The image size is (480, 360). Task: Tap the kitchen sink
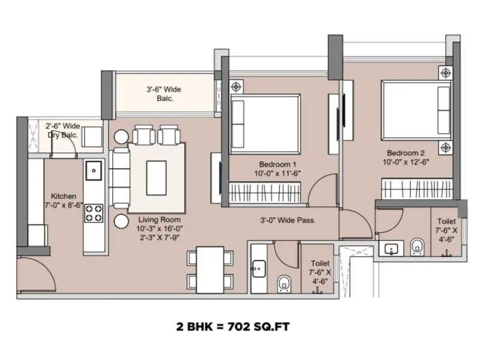(x=94, y=170)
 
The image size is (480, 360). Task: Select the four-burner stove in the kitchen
(x=94, y=211)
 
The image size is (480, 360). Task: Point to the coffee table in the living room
(x=157, y=174)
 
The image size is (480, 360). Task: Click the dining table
(x=210, y=269)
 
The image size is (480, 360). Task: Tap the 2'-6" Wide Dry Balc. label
(x=63, y=130)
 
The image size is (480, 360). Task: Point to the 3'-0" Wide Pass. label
(x=288, y=220)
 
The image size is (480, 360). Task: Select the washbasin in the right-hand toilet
(x=394, y=248)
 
